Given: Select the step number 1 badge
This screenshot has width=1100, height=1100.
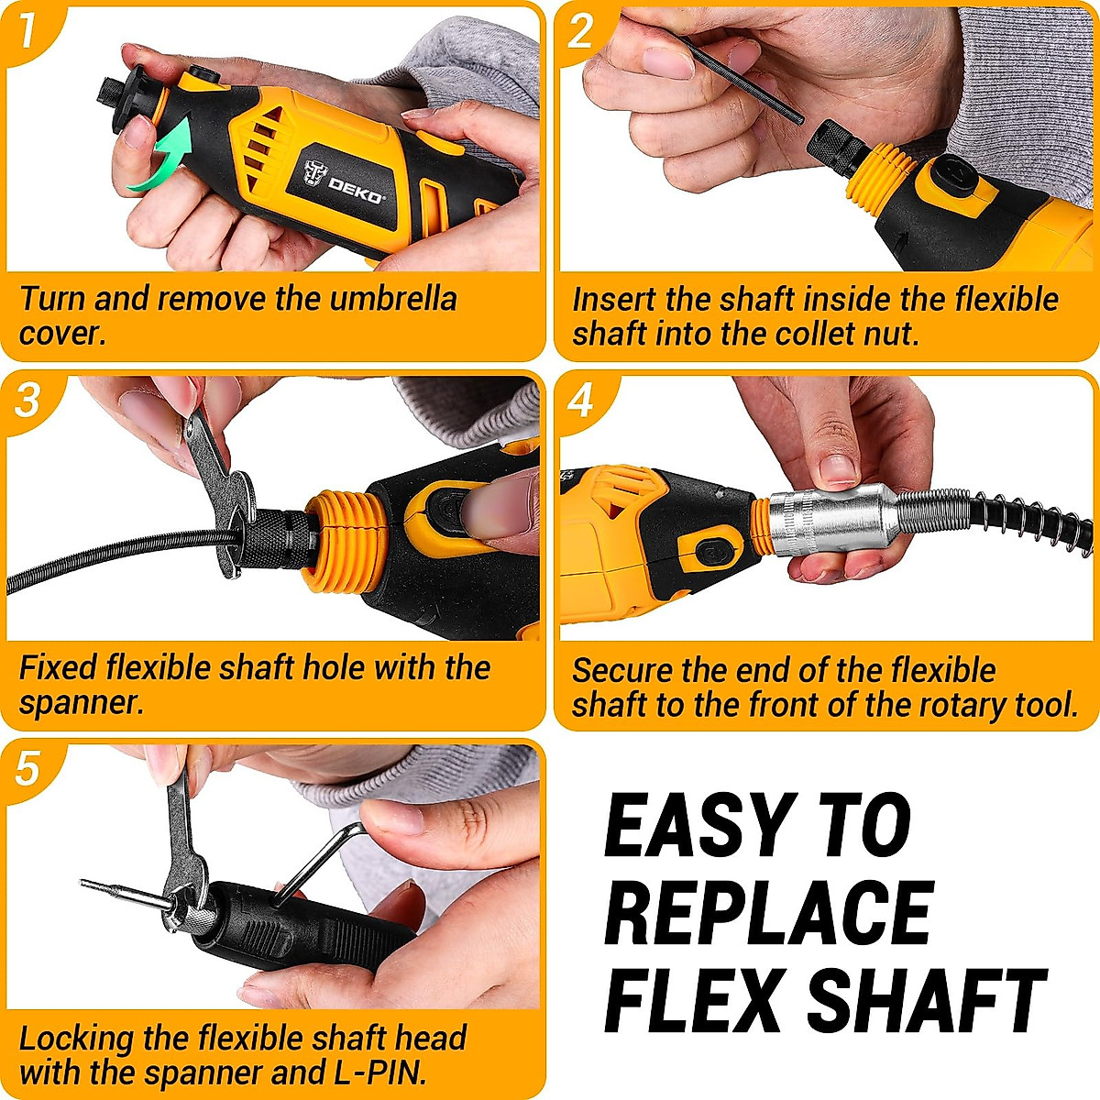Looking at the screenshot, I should [27, 29].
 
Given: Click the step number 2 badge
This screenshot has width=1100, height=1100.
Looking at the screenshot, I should [580, 31].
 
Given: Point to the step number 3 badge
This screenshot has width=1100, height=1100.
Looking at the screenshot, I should [27, 400].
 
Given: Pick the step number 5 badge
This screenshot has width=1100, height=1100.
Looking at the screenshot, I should [27, 768].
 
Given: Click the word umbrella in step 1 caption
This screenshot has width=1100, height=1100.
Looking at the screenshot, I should [393, 299].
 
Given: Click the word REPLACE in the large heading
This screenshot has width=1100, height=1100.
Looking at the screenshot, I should [768, 911].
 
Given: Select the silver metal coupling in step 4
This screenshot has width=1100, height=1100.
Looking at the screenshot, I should [830, 521].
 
